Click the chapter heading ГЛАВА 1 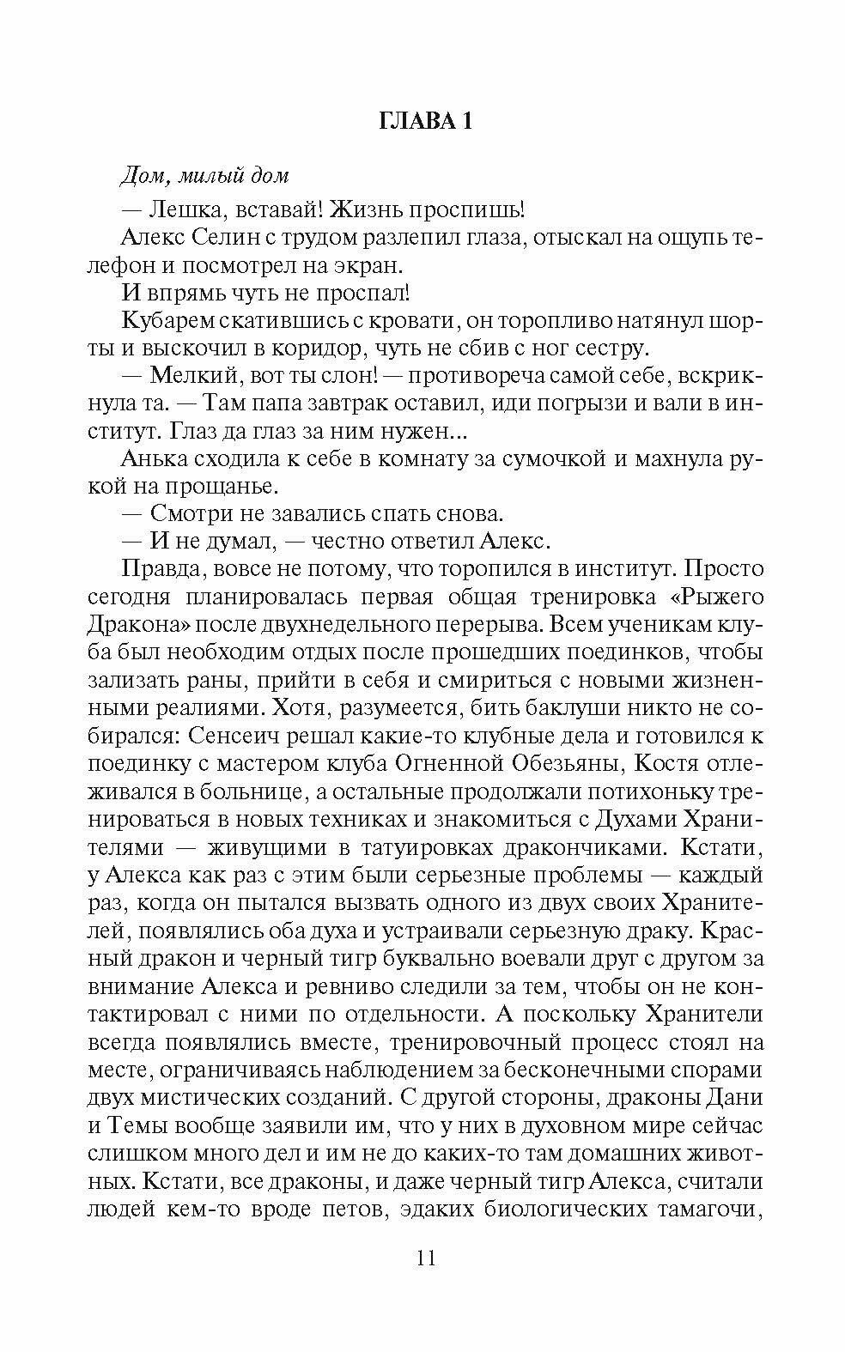pos(425,122)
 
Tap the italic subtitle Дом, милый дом pos(204,175)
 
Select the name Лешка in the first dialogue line pos(186,210)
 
